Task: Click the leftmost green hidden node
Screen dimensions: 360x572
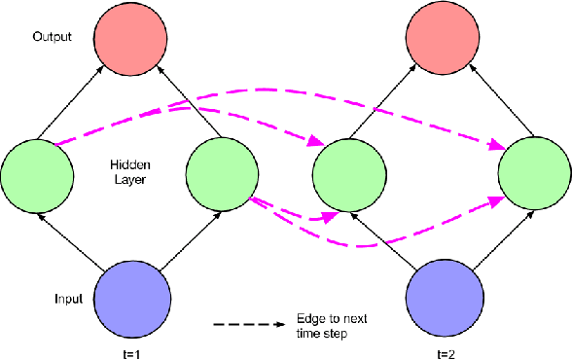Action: click(37, 175)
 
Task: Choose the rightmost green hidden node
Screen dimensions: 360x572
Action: click(534, 175)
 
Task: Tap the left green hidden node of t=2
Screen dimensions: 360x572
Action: click(350, 175)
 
